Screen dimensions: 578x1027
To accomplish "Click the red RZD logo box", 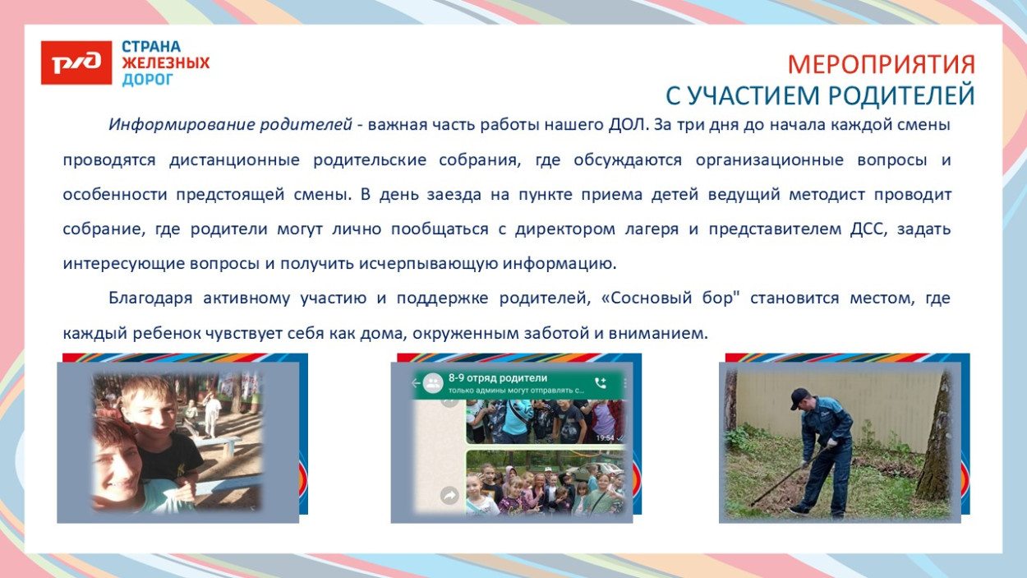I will (76, 62).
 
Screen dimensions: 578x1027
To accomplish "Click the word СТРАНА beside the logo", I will (151, 47).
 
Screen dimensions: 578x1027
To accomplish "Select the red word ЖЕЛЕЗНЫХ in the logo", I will (165, 63).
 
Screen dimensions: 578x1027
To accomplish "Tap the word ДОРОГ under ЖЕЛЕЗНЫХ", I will (148, 80).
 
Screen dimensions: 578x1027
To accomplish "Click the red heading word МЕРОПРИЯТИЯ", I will (881, 64).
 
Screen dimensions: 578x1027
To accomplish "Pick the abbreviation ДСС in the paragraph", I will (868, 229).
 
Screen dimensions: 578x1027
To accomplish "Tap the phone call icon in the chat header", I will (601, 383).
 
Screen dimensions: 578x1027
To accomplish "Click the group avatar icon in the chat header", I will (432, 383).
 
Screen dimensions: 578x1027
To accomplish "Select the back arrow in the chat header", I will (415, 383).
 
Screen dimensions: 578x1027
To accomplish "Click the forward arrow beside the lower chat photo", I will (449, 495).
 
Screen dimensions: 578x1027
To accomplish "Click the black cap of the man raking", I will (799, 395).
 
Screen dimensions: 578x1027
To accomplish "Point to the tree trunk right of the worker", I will (934, 444).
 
